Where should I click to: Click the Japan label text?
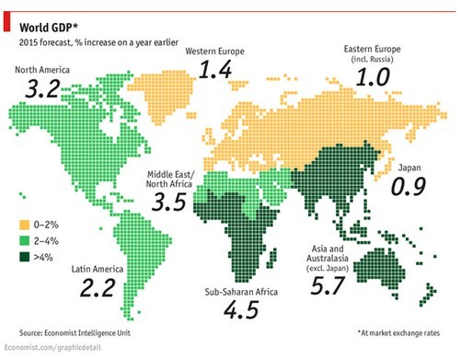(x=408, y=168)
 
